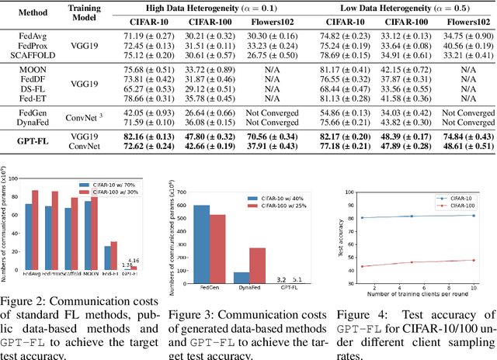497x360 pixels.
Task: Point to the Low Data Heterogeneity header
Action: click(x=406, y=8)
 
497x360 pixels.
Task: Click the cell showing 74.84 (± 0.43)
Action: click(x=464, y=137)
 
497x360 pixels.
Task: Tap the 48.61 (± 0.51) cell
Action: click(x=464, y=147)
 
